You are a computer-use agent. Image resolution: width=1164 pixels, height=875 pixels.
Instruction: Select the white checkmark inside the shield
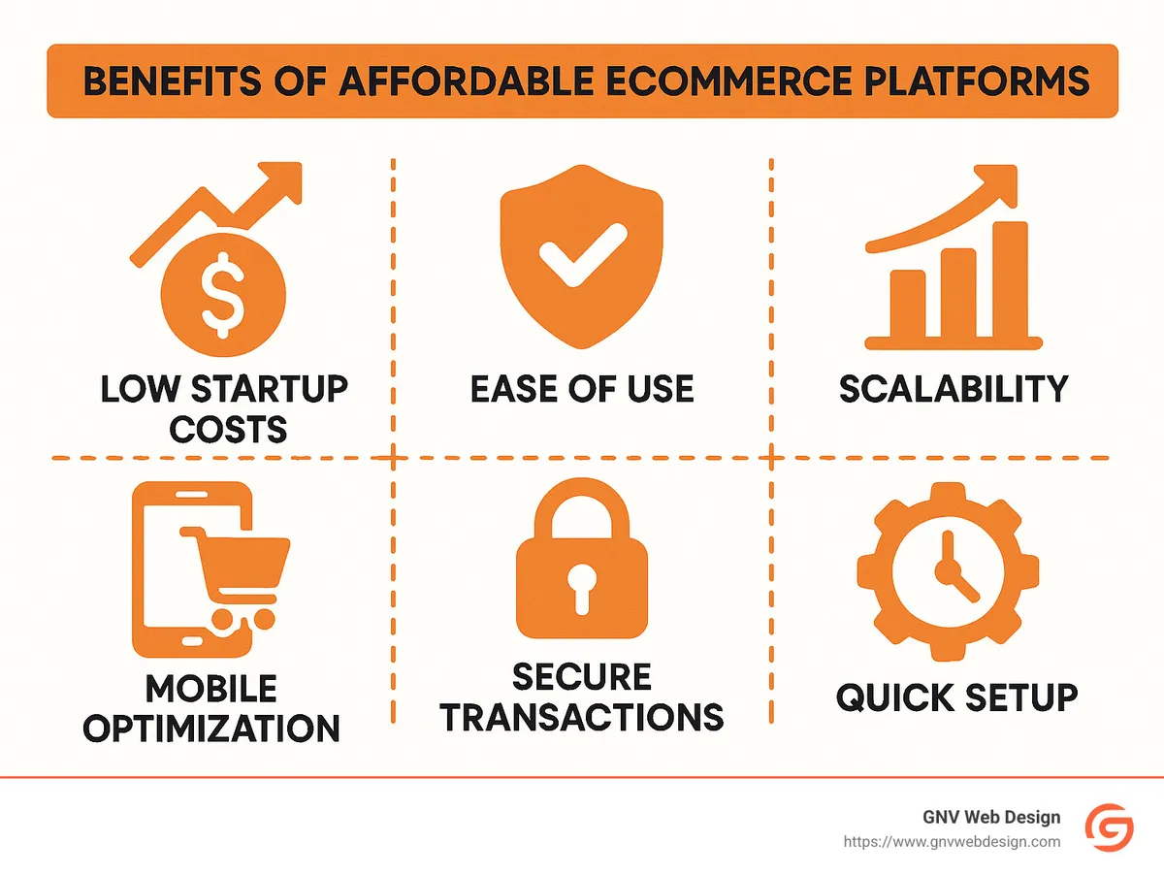(x=581, y=255)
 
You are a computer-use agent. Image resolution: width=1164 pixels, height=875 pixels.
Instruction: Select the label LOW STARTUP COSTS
(x=225, y=407)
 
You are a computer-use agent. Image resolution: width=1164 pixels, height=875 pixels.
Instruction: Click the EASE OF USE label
(x=582, y=389)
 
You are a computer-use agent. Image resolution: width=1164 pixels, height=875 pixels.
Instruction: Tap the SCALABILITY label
(x=954, y=389)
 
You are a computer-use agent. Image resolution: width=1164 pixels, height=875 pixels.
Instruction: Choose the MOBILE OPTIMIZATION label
(x=211, y=708)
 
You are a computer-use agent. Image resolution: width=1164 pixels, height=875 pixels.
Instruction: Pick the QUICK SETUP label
(x=956, y=697)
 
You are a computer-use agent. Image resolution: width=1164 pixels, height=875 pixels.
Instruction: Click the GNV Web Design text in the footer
(x=991, y=818)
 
